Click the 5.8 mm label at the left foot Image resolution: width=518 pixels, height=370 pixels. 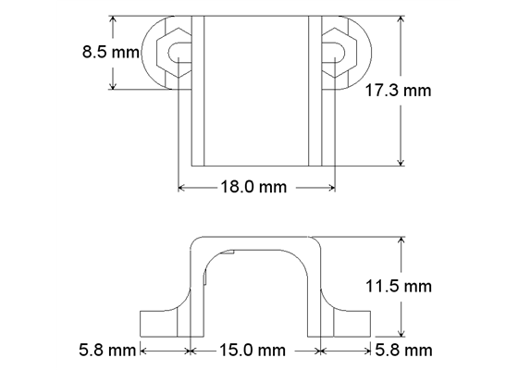tap(106, 351)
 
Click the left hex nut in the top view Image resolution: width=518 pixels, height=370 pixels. tap(173, 54)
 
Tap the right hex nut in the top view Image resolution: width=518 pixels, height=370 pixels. tap(335, 54)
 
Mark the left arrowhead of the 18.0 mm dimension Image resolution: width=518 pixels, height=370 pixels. tap(181, 187)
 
